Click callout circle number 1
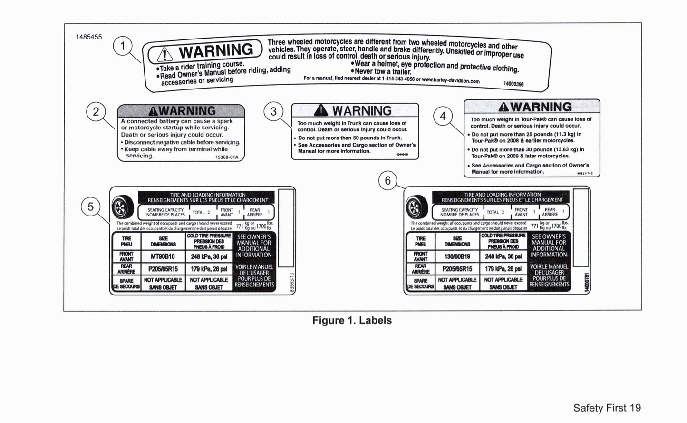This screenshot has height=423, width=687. (x=123, y=46)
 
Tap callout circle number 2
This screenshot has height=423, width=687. (x=96, y=112)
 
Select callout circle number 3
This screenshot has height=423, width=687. (x=273, y=112)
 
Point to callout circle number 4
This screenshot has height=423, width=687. (x=443, y=116)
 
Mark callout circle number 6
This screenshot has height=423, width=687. (x=388, y=181)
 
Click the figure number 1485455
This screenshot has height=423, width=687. (x=89, y=37)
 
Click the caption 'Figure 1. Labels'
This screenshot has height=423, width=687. (x=352, y=320)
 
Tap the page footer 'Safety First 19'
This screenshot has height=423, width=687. (x=607, y=408)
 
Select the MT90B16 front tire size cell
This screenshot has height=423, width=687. (x=163, y=256)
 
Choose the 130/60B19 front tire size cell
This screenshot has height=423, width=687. (x=457, y=256)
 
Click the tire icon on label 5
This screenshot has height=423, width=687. (x=123, y=207)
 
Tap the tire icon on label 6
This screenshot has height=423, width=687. (x=417, y=207)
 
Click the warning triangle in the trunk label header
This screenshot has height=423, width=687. (x=321, y=110)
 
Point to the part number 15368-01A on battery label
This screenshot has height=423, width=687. (x=227, y=157)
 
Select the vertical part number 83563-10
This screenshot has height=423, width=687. (x=292, y=282)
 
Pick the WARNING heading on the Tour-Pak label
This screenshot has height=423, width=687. (x=534, y=107)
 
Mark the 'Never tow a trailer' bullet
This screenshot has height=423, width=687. (x=381, y=71)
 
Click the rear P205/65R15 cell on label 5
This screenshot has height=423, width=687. (x=163, y=269)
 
